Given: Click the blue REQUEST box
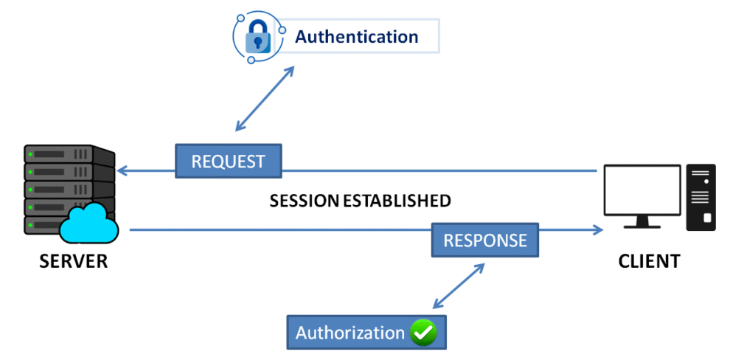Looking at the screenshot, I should [228, 161].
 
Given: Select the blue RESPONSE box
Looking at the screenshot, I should [484, 240].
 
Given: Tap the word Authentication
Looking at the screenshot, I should [356, 36].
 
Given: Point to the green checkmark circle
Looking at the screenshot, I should [424, 333].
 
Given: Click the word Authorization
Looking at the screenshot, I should [350, 333].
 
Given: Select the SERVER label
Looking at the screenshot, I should [73, 261].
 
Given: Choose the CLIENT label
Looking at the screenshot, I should [650, 261].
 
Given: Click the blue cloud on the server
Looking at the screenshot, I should [90, 224].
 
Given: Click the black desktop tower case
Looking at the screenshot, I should [700, 195].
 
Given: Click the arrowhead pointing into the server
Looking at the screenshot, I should [123, 171].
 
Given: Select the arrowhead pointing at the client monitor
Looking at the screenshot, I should [596, 230].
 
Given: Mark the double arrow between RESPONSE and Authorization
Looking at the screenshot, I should [459, 286].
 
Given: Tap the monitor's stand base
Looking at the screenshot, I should [641, 225].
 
